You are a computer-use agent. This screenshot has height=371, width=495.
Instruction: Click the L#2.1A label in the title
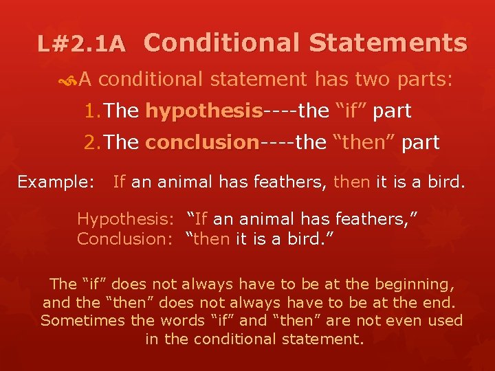(81, 45)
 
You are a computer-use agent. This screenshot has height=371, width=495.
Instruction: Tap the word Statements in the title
(388, 43)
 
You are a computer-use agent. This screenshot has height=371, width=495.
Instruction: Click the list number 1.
(92, 111)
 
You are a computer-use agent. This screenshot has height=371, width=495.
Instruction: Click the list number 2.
(92, 142)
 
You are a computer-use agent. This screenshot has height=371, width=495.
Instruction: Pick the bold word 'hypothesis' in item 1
(203, 111)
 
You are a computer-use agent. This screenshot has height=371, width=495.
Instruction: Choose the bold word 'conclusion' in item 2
(201, 142)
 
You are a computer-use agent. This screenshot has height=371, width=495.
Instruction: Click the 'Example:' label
(56, 181)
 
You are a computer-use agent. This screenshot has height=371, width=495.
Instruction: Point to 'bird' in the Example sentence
(446, 181)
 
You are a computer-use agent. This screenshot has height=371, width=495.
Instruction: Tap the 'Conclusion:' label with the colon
(127, 238)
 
